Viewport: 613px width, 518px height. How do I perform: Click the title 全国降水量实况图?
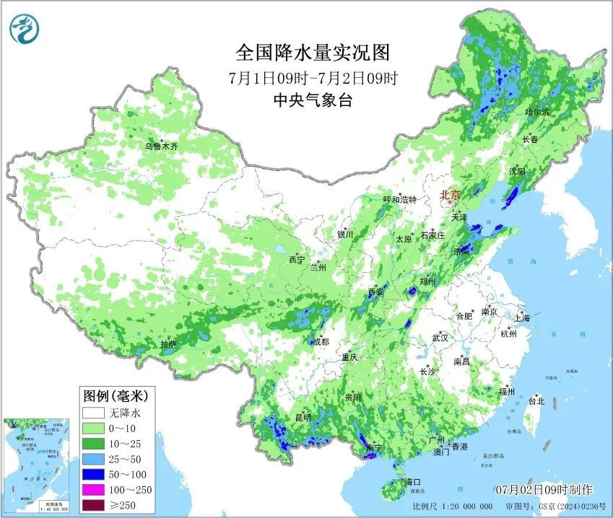[x=313, y=53]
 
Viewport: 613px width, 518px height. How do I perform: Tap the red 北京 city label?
[x=451, y=195]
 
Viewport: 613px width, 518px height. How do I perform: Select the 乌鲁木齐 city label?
[x=160, y=146]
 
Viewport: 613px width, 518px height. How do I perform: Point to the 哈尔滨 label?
[x=537, y=113]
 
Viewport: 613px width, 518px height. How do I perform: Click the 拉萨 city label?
[x=168, y=345]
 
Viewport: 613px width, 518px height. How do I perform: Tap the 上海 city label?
[x=522, y=318]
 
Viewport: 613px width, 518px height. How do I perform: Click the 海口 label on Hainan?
[x=412, y=481]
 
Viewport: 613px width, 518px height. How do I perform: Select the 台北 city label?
[x=536, y=400]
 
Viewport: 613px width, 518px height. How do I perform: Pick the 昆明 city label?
[x=303, y=417]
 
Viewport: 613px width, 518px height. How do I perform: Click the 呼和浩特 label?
[x=400, y=200]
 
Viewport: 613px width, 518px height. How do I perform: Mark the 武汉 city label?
[x=440, y=338]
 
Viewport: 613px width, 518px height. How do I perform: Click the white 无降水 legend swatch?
[x=92, y=413]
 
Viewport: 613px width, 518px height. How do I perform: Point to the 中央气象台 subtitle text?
[x=313, y=100]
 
